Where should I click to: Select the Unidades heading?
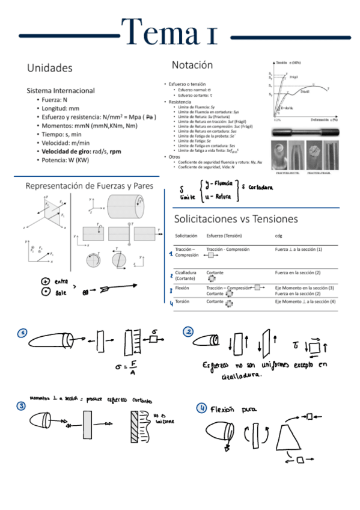click(49, 68)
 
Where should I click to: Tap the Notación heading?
click(192, 64)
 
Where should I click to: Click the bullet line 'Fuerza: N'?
click(54, 100)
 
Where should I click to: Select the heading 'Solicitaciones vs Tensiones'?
click(236, 218)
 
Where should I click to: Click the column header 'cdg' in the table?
click(279, 235)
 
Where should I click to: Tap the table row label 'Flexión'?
click(182, 288)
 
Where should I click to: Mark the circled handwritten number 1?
click(22, 333)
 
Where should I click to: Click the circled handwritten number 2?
click(188, 333)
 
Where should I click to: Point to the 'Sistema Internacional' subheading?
click(61, 90)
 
